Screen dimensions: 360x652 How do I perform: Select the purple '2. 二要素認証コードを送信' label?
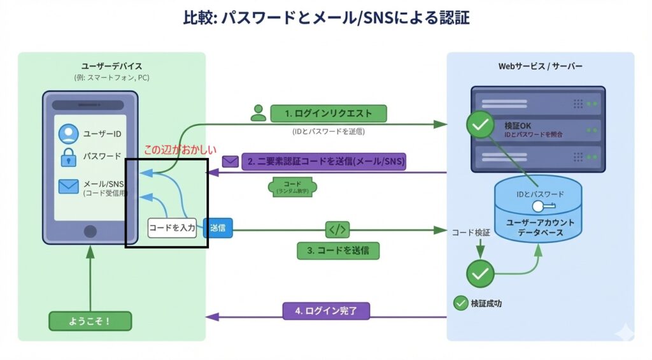323,161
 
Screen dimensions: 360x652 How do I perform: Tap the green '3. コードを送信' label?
338,250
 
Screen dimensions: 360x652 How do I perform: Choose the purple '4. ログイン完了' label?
325,311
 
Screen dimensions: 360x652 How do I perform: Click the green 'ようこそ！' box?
90,321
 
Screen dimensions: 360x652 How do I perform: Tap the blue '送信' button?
218,227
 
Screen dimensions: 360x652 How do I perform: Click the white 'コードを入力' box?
172,227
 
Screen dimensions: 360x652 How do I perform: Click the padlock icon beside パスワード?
68,157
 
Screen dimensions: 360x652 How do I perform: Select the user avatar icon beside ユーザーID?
68,134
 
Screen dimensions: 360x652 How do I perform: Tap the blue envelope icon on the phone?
68,186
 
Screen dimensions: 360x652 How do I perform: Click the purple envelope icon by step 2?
230,161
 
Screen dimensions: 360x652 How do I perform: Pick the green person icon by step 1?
258,113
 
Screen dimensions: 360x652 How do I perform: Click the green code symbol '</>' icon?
337,229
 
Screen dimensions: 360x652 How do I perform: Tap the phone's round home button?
90,231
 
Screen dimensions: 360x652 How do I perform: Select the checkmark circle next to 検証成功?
460,303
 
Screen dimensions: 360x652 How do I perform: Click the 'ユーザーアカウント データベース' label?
540,227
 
